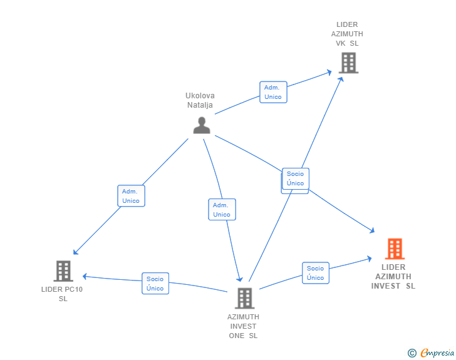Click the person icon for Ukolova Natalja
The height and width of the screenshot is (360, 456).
coord(202,125)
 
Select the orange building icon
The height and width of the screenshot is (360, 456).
coord(395,249)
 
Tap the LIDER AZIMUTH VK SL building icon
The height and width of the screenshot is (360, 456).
coord(348,63)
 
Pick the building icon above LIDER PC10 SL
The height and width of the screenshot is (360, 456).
coord(63,271)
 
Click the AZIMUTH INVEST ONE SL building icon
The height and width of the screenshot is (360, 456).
coord(244,298)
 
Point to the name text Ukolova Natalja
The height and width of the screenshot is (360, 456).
coord(200,100)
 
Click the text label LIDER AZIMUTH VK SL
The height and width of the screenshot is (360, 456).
coord(347,34)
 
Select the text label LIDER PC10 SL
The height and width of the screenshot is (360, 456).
coord(62,294)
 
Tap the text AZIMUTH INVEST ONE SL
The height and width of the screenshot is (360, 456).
coord(243,326)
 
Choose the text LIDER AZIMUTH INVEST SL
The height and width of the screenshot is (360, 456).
coord(393,276)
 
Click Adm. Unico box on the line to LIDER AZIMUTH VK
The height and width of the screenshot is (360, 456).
coord(273,92)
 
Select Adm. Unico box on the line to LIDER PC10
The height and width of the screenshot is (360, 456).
coord(131,196)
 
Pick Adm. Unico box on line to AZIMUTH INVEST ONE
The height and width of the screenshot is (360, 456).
coord(222,210)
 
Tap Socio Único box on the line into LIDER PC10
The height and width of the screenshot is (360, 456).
coord(155,284)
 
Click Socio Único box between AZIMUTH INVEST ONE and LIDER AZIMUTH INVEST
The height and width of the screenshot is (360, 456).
coord(316,273)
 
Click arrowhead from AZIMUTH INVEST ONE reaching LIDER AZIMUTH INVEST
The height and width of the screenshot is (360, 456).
coord(371,257)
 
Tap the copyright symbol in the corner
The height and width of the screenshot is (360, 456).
coord(412,353)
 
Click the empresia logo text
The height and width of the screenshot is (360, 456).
coord(437,353)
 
